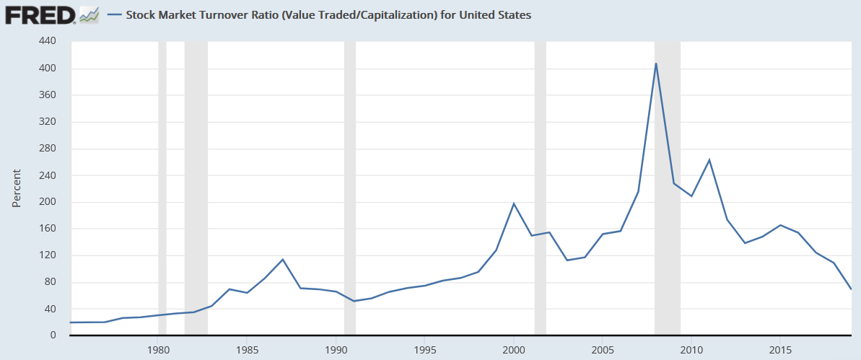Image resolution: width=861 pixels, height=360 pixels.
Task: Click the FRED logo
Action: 40,14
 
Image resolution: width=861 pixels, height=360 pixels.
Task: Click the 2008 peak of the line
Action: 655,63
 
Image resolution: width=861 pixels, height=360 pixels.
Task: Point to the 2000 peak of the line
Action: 513,203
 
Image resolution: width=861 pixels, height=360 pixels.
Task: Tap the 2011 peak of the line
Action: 709,159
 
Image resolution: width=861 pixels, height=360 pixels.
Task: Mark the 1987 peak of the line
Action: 283,259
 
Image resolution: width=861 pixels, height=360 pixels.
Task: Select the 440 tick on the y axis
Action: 48,42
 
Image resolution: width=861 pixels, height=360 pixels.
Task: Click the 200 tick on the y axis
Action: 48,202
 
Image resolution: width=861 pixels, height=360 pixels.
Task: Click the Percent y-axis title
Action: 16,188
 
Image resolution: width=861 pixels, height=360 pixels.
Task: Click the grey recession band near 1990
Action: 350,188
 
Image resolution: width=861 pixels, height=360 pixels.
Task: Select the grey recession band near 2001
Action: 540,188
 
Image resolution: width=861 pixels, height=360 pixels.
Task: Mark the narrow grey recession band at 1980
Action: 162,188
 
